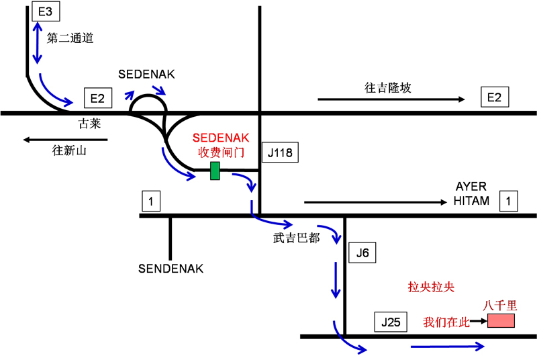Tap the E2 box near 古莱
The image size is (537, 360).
pyautogui.click(x=97, y=98)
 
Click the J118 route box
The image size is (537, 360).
pyautogui.click(x=280, y=153)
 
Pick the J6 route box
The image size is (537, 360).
pyautogui.click(x=362, y=253)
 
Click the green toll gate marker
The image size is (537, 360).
pyautogui.click(x=215, y=171)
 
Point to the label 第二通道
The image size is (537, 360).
pyautogui.click(x=70, y=38)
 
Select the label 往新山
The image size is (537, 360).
pyautogui.click(x=70, y=151)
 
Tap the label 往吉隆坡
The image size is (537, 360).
pyautogui.click(x=388, y=88)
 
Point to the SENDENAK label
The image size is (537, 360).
pyautogui.click(x=170, y=269)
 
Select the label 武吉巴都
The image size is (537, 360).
pyautogui.click(x=296, y=238)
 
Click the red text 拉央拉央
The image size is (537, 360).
pyautogui.click(x=431, y=287)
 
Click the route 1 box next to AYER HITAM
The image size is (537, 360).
pyautogui.click(x=509, y=200)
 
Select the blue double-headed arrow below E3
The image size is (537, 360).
pyautogui.click(x=36, y=42)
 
